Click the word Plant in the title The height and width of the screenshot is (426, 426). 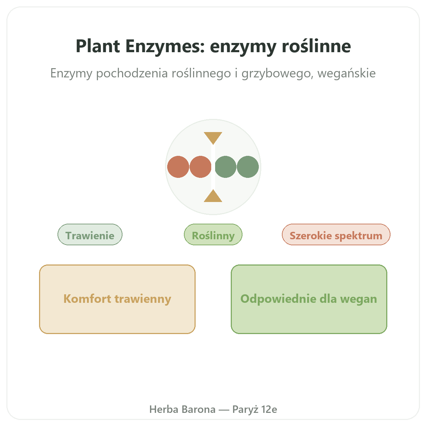98,46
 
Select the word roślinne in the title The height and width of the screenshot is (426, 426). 316,46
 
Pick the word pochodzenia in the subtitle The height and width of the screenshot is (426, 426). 132,73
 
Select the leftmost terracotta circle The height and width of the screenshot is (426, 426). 178,167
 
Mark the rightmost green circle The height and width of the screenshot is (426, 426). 248,167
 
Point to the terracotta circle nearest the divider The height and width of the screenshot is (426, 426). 200,167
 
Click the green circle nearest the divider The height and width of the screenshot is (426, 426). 225,167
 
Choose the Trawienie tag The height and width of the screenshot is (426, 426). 90,235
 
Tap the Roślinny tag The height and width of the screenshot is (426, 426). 213,235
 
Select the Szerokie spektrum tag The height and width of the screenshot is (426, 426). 336,235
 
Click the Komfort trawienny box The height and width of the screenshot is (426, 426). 118,299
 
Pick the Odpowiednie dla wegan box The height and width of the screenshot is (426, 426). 309,299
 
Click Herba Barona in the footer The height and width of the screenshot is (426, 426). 182,409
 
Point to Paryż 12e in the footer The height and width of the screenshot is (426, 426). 255,409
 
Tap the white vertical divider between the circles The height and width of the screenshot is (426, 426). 213,167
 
